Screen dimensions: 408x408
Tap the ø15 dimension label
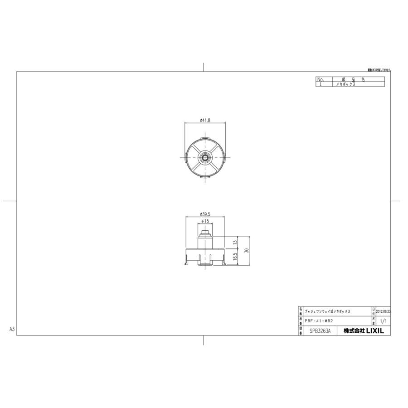pos(205,221)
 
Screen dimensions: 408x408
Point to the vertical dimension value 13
pos(235,242)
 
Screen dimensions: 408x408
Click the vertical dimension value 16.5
pos(235,257)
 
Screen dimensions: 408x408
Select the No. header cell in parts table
pos(321,79)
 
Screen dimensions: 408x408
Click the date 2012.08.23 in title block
pos(383,312)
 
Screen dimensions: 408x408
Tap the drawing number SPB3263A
pos(320,331)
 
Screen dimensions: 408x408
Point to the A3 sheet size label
pos(13,329)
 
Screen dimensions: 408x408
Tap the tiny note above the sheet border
pos(379,70)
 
